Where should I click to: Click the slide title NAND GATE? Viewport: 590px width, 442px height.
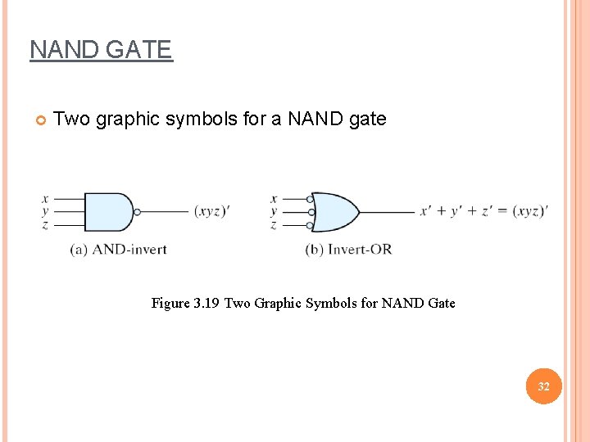[101, 50]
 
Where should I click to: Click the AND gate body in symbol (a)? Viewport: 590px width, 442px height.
[107, 212]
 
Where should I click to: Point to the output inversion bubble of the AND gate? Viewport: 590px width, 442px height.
[138, 212]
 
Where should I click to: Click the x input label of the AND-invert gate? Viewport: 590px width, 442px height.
[44, 198]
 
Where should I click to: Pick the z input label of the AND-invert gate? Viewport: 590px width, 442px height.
[44, 224]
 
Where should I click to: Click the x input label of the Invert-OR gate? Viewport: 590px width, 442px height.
[274, 198]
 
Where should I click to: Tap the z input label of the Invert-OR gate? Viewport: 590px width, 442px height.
[274, 224]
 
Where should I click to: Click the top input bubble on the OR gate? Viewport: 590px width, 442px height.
[310, 199]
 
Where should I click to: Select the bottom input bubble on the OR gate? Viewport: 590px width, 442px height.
[310, 224]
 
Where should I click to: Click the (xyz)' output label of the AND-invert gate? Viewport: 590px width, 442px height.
[211, 211]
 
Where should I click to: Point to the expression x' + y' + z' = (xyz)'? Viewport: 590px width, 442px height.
[483, 211]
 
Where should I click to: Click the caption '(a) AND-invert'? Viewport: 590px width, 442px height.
[118, 249]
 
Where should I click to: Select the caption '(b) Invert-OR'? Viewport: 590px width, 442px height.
[348, 249]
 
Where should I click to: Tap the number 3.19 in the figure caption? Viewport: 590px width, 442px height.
[206, 304]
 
